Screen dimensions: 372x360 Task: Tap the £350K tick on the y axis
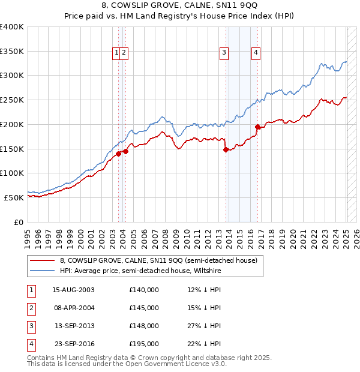pyautogui.click(x=12, y=51)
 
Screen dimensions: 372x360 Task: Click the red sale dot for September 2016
pyautogui.click(x=257, y=127)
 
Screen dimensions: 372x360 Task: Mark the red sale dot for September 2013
pyautogui.click(x=226, y=150)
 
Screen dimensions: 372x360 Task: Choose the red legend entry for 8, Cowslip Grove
pyautogui.click(x=158, y=260)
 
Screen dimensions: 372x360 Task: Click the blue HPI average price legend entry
pyautogui.click(x=140, y=271)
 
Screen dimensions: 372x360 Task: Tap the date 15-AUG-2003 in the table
pyautogui.click(x=74, y=290)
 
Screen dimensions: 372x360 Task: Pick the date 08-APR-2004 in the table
pyautogui.click(x=74, y=308)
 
